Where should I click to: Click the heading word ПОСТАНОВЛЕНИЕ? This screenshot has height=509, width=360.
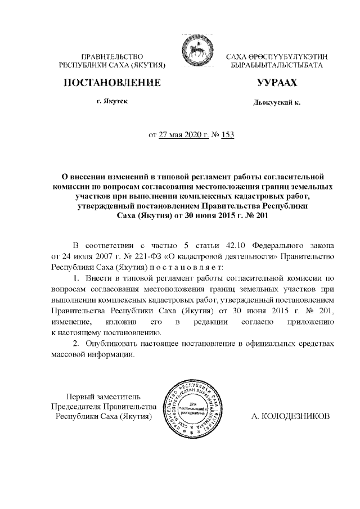click(112, 83)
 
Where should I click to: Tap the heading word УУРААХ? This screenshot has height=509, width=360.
click(276, 83)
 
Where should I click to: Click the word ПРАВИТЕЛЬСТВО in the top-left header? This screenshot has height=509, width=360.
click(112, 56)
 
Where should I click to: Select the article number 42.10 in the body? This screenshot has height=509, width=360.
click(236, 246)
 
